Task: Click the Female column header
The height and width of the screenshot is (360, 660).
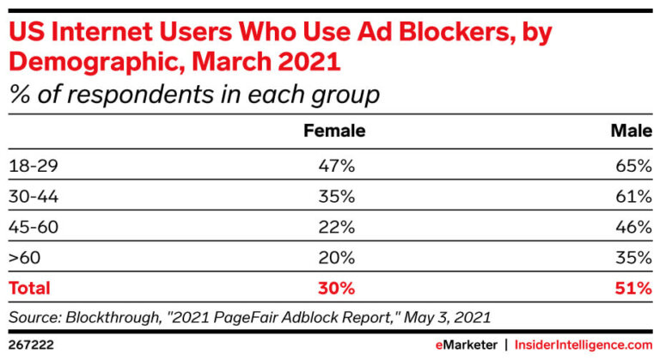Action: click(x=335, y=131)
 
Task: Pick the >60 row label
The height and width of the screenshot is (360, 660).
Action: click(x=23, y=258)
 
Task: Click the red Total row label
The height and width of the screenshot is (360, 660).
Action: click(x=30, y=289)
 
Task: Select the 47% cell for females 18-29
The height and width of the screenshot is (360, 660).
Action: click(x=336, y=163)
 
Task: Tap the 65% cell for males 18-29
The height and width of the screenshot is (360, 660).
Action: click(x=633, y=163)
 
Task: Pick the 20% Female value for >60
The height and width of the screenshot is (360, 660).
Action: click(x=336, y=258)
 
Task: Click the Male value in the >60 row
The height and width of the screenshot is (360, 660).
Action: click(x=633, y=258)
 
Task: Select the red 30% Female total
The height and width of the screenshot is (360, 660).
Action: click(x=336, y=289)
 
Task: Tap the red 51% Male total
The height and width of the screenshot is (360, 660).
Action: click(x=633, y=289)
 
